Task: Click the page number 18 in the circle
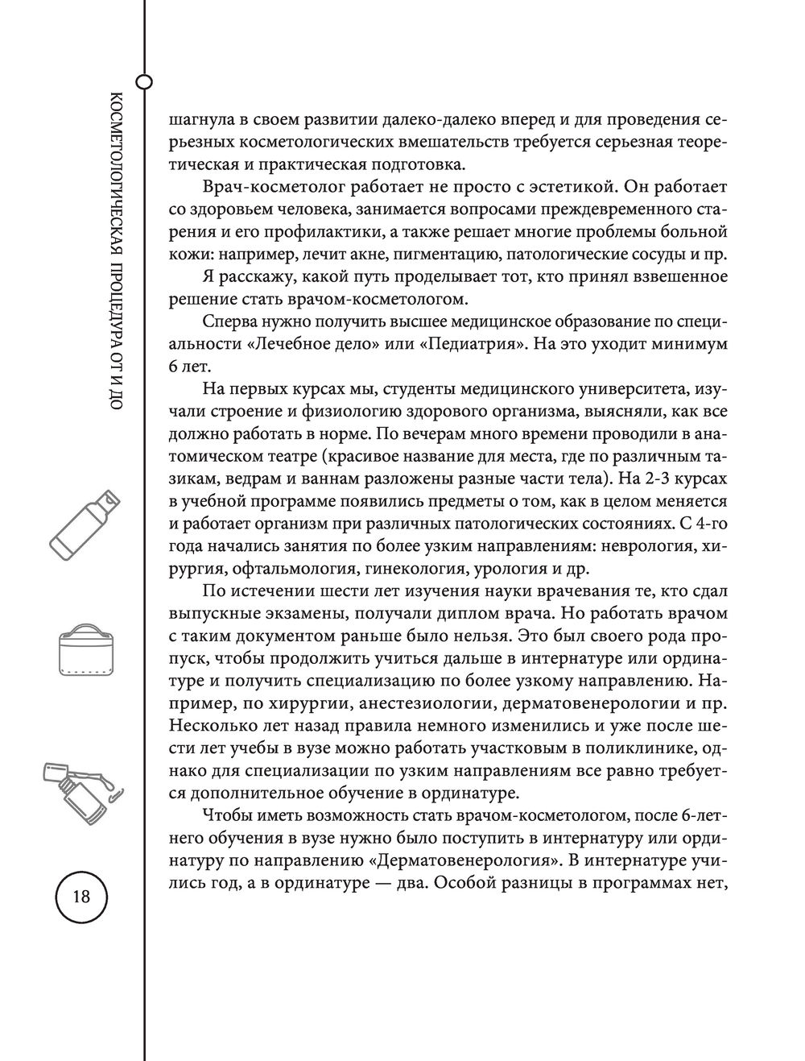click(x=81, y=897)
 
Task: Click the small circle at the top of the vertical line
click(x=144, y=81)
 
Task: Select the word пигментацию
click(x=473, y=255)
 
